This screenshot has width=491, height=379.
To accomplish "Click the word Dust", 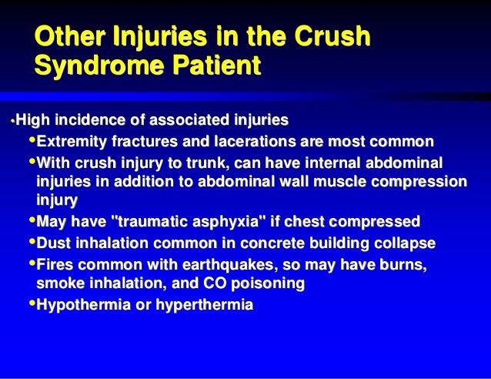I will click(53, 243).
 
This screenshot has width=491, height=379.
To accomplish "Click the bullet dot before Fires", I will click(32, 264).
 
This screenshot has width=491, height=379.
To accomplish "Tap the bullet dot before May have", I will click(32, 222).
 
